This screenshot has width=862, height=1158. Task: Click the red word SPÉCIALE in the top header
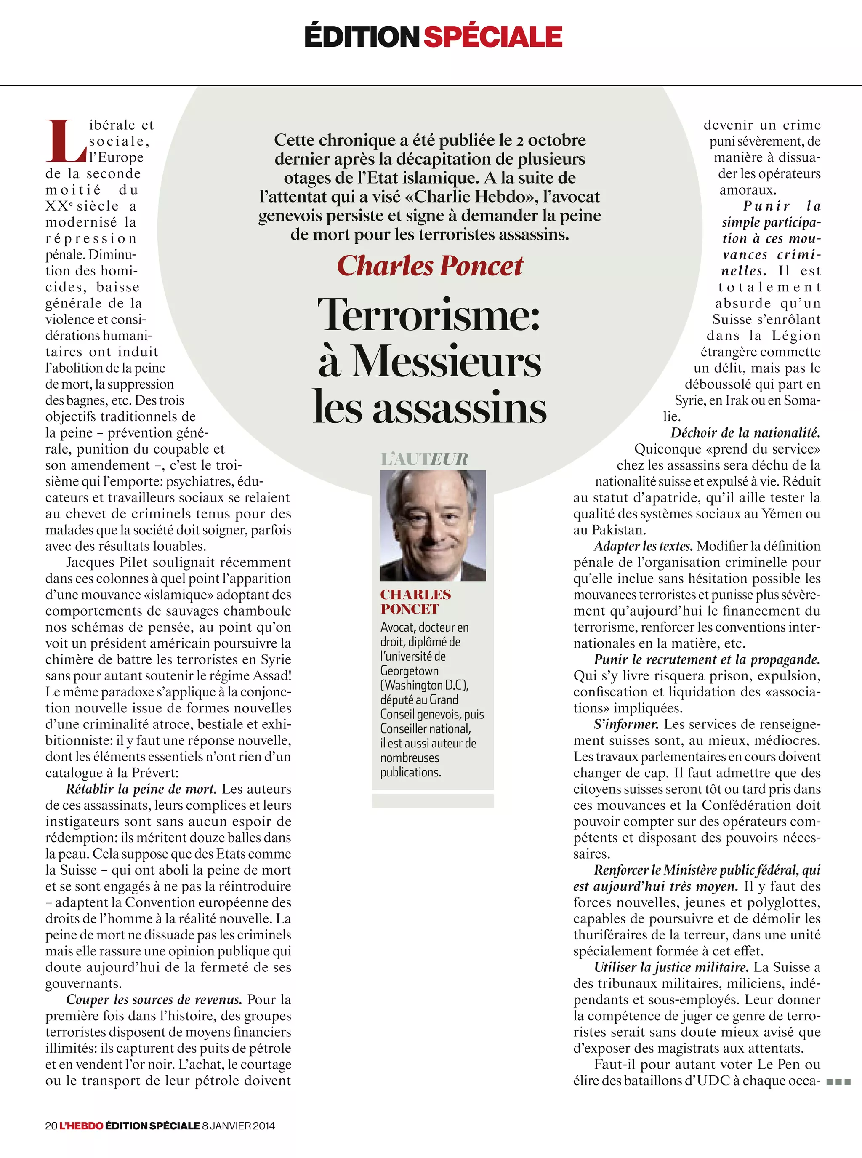pos(492,37)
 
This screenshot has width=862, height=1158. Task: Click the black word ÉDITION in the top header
pos(362,37)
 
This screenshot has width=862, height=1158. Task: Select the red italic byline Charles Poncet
pos(430,266)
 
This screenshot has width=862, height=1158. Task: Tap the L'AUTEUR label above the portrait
pos(425,459)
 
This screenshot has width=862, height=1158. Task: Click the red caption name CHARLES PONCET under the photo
pos(415,601)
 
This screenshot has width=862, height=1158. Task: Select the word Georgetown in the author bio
pos(409,670)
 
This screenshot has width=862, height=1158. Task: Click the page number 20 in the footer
pos(51,1126)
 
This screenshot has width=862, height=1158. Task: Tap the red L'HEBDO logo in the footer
pos(81,1126)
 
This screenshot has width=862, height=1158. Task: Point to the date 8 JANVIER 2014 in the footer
pos(239,1126)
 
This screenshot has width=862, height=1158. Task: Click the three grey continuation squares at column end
pos(838,1082)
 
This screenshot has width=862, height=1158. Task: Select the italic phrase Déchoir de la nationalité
pos(745,433)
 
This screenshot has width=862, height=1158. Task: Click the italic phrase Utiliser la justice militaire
pos(671,967)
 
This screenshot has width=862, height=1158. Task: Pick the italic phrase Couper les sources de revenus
pos(154,999)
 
